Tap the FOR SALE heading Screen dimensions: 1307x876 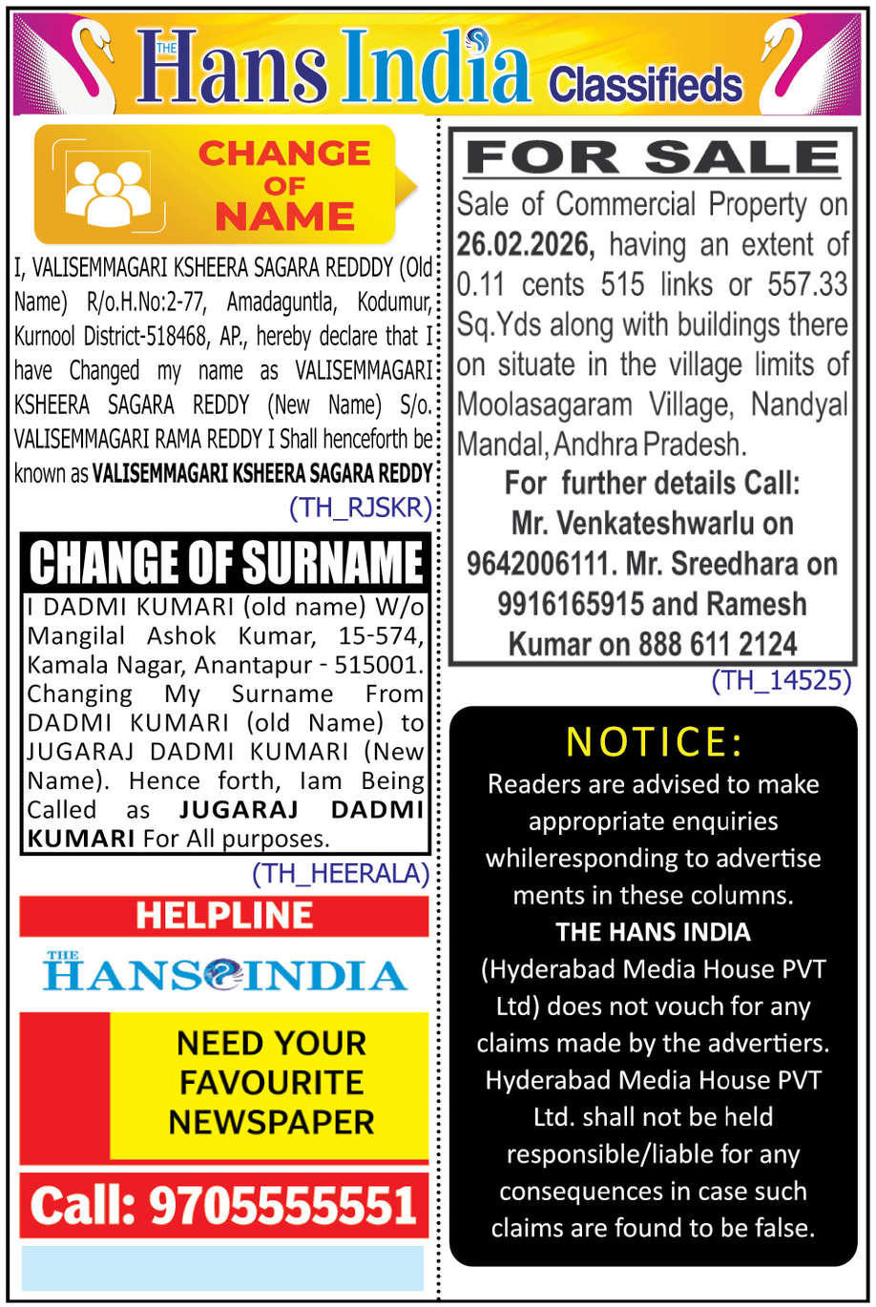(653, 157)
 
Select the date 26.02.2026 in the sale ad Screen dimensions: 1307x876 (525, 245)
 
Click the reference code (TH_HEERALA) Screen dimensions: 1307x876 (341, 872)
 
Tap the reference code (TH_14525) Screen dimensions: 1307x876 (781, 680)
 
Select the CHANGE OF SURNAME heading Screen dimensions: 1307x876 (226, 562)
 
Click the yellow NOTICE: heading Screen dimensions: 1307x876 (654, 741)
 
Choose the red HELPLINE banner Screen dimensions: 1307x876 (224, 916)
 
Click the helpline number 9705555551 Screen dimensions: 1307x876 (282, 1206)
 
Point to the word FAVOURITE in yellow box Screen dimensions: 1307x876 (271, 1082)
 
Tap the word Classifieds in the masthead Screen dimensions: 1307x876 (645, 84)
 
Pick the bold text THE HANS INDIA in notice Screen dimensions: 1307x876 (654, 931)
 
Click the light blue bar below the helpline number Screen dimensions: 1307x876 (222, 1268)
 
